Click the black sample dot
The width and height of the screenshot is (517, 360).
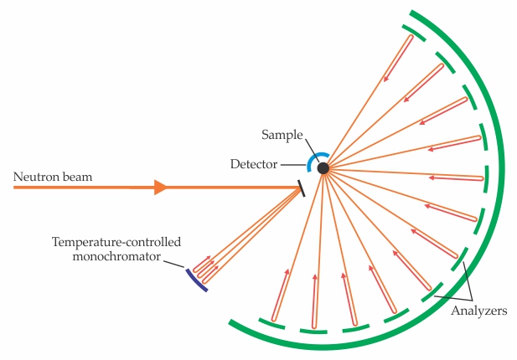(323, 168)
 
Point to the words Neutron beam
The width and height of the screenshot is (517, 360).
(52, 177)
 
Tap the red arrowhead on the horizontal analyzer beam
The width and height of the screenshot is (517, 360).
(432, 177)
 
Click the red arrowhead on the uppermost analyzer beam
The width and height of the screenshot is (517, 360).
(386, 79)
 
